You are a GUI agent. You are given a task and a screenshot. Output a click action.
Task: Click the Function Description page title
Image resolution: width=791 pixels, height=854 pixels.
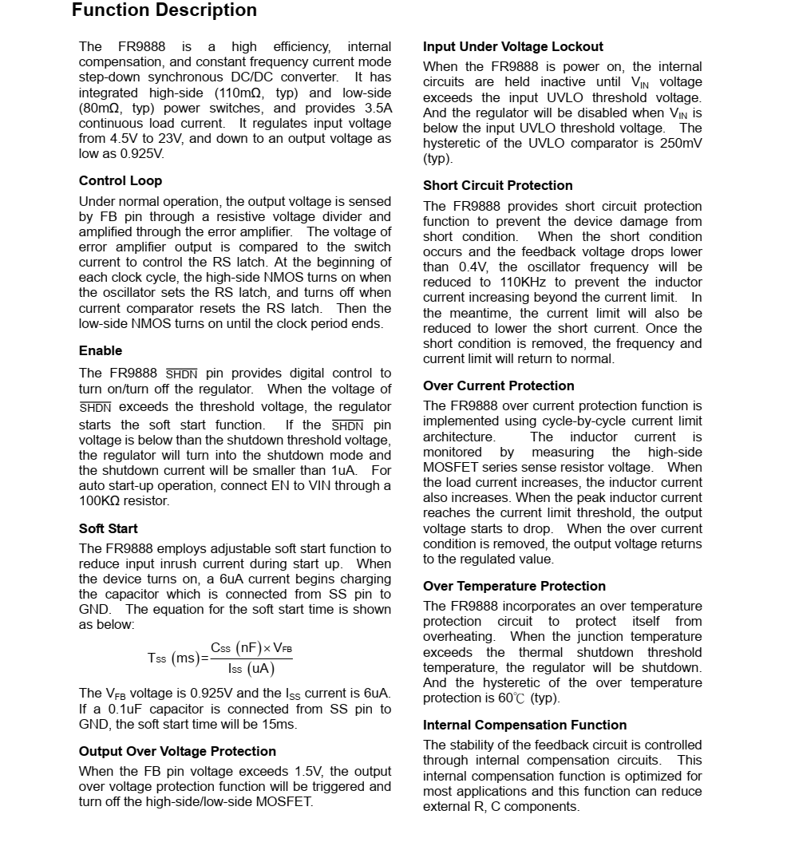(x=164, y=10)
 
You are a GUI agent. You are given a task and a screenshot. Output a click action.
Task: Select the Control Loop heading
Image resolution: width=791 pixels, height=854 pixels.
(x=120, y=180)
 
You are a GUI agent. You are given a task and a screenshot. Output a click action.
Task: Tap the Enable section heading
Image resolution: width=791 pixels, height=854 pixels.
(x=101, y=350)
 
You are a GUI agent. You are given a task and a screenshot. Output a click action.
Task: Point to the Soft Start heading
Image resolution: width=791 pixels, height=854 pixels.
(x=108, y=528)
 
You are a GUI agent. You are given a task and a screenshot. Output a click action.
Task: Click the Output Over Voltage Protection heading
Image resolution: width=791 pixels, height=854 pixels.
(x=177, y=751)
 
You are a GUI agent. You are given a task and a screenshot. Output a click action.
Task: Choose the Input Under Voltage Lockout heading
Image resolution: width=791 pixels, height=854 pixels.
(x=512, y=46)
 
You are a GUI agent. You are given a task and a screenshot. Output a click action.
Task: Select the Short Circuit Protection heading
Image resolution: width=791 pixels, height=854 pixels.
(x=497, y=185)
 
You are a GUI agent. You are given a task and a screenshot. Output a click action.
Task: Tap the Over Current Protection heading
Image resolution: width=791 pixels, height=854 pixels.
(x=498, y=385)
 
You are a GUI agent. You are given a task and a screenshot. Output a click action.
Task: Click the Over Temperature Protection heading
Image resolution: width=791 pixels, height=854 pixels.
(x=514, y=586)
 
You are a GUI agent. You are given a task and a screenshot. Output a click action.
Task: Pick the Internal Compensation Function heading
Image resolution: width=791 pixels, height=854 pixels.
(x=524, y=725)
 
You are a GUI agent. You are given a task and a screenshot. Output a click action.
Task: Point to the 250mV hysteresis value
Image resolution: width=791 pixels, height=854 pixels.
(x=677, y=144)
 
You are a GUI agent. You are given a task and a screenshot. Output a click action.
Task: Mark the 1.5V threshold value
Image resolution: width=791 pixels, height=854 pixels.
(x=308, y=772)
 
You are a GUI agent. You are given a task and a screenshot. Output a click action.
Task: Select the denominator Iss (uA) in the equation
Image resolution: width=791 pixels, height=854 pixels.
(x=251, y=669)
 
